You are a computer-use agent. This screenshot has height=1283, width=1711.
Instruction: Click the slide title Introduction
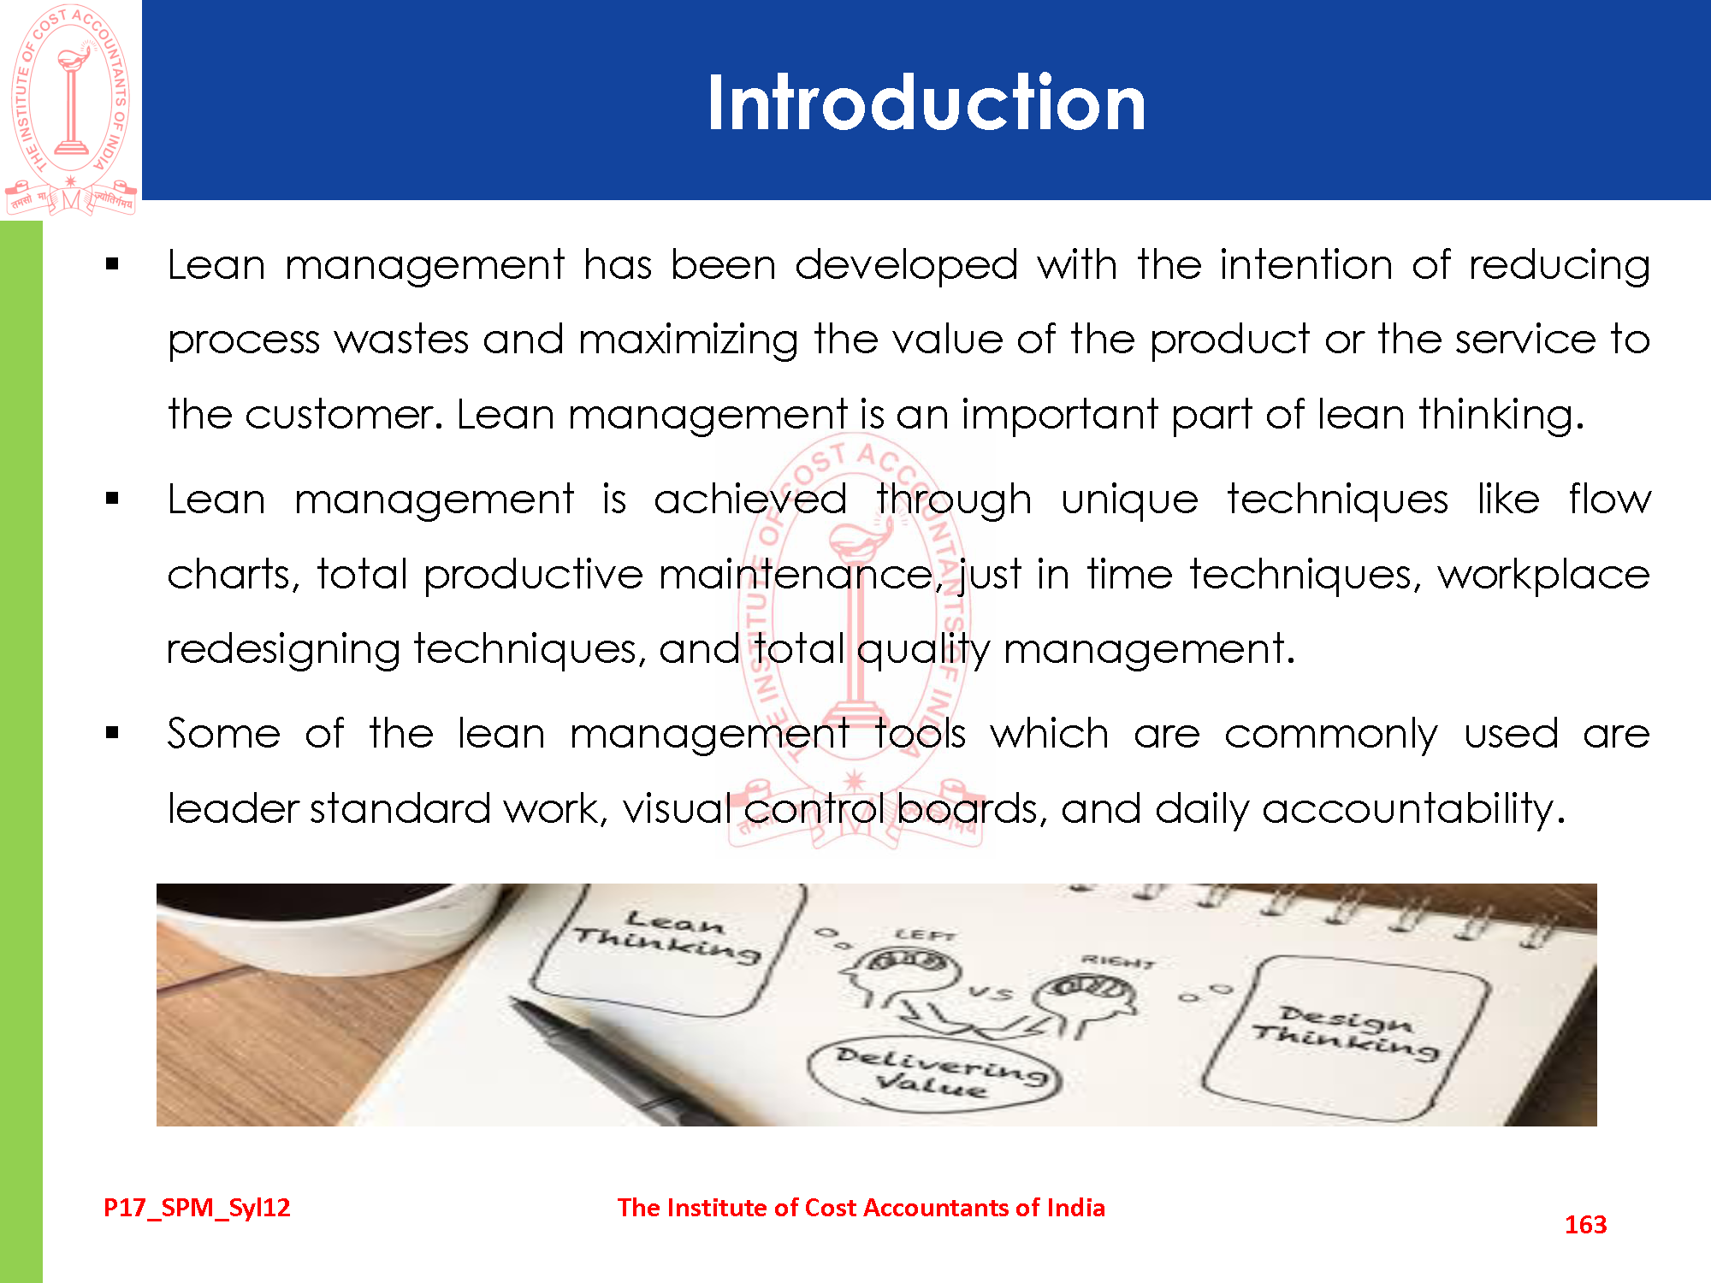tap(926, 103)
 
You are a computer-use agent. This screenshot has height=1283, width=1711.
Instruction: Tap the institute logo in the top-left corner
tap(70, 109)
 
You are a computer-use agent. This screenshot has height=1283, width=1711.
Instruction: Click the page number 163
tap(1585, 1225)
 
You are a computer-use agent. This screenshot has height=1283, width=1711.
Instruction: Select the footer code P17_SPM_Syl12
tap(197, 1208)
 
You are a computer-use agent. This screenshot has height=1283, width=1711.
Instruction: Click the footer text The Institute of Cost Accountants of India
tap(861, 1208)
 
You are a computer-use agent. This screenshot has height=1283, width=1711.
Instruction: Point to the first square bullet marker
tap(112, 264)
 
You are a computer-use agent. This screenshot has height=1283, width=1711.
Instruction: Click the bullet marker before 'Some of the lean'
tap(112, 733)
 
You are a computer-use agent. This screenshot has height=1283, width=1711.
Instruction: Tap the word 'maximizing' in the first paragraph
tap(688, 340)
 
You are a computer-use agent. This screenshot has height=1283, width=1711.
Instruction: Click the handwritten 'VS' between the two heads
tap(991, 993)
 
